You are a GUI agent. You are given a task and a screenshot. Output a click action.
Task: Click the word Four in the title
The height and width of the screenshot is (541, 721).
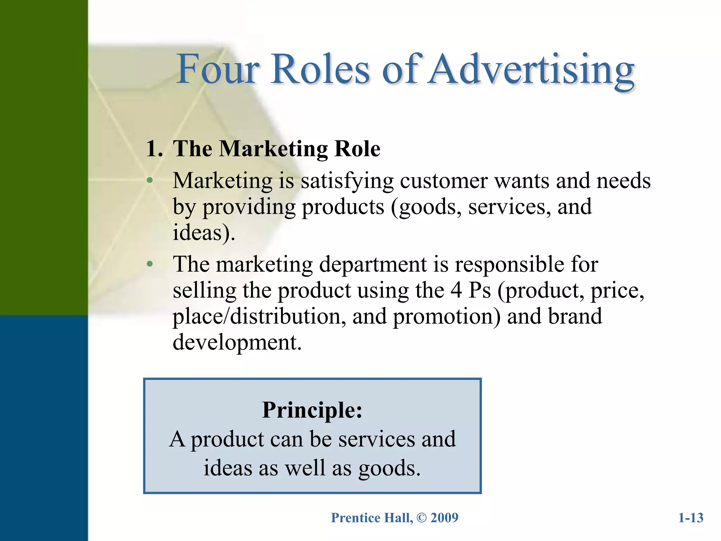click(x=218, y=69)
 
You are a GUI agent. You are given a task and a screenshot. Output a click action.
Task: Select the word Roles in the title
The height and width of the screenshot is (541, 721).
click(x=320, y=69)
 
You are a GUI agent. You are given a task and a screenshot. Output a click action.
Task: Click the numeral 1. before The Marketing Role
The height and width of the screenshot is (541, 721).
click(x=154, y=149)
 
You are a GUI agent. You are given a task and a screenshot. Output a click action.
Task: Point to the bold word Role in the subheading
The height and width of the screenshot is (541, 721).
click(x=357, y=149)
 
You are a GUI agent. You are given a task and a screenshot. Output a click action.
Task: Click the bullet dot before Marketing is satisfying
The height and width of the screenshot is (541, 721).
click(x=150, y=181)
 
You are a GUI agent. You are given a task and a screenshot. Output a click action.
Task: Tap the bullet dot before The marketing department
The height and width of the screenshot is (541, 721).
click(x=150, y=264)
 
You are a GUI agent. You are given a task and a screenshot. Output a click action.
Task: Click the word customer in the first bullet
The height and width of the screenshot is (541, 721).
click(x=444, y=181)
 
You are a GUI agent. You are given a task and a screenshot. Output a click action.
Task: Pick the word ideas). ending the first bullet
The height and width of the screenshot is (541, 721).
click(x=204, y=233)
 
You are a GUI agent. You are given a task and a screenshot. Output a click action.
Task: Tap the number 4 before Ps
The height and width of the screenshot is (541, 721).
click(x=456, y=290)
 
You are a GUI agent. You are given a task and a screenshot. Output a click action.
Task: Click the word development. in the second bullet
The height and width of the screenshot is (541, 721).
click(x=237, y=342)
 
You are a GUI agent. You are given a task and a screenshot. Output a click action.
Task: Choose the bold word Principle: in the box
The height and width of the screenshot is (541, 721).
click(x=312, y=410)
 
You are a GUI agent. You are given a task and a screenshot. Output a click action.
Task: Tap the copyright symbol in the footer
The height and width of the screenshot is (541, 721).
click(x=421, y=518)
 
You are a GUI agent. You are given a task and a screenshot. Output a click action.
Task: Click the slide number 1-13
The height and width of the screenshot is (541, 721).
click(x=691, y=518)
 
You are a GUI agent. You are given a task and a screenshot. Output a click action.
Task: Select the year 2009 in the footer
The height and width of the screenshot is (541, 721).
click(x=444, y=518)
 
